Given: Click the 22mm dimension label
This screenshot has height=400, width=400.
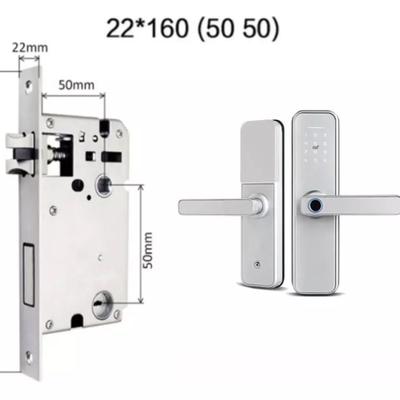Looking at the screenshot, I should click(30, 48).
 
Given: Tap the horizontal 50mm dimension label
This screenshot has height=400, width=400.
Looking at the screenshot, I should click(76, 85).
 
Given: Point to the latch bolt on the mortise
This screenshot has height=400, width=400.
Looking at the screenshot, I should click(20, 149).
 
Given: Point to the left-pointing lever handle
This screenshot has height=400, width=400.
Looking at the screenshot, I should click(217, 207).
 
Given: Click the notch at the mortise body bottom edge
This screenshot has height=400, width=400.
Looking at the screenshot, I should click(77, 320).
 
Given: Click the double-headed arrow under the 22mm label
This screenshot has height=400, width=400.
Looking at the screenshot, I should click(29, 59).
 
